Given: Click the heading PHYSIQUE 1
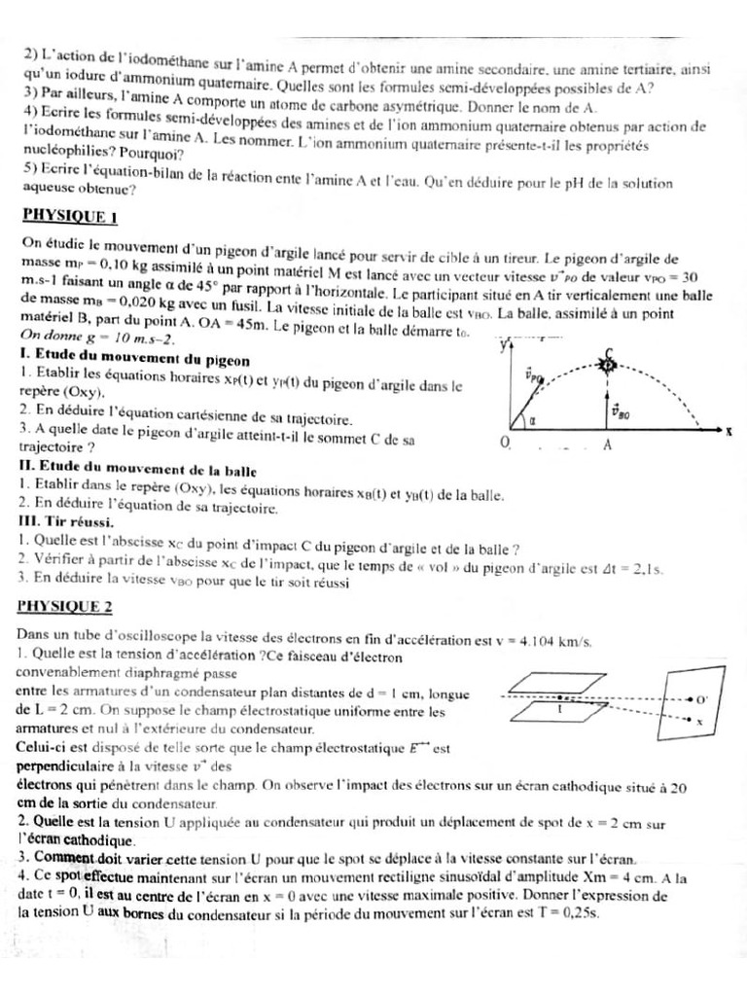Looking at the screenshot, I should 68,216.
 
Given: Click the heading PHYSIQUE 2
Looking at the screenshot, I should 66,607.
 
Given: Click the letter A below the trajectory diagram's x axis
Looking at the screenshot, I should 607,445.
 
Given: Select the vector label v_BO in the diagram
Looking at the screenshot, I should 622,410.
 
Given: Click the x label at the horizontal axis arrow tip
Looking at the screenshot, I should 729,431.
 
